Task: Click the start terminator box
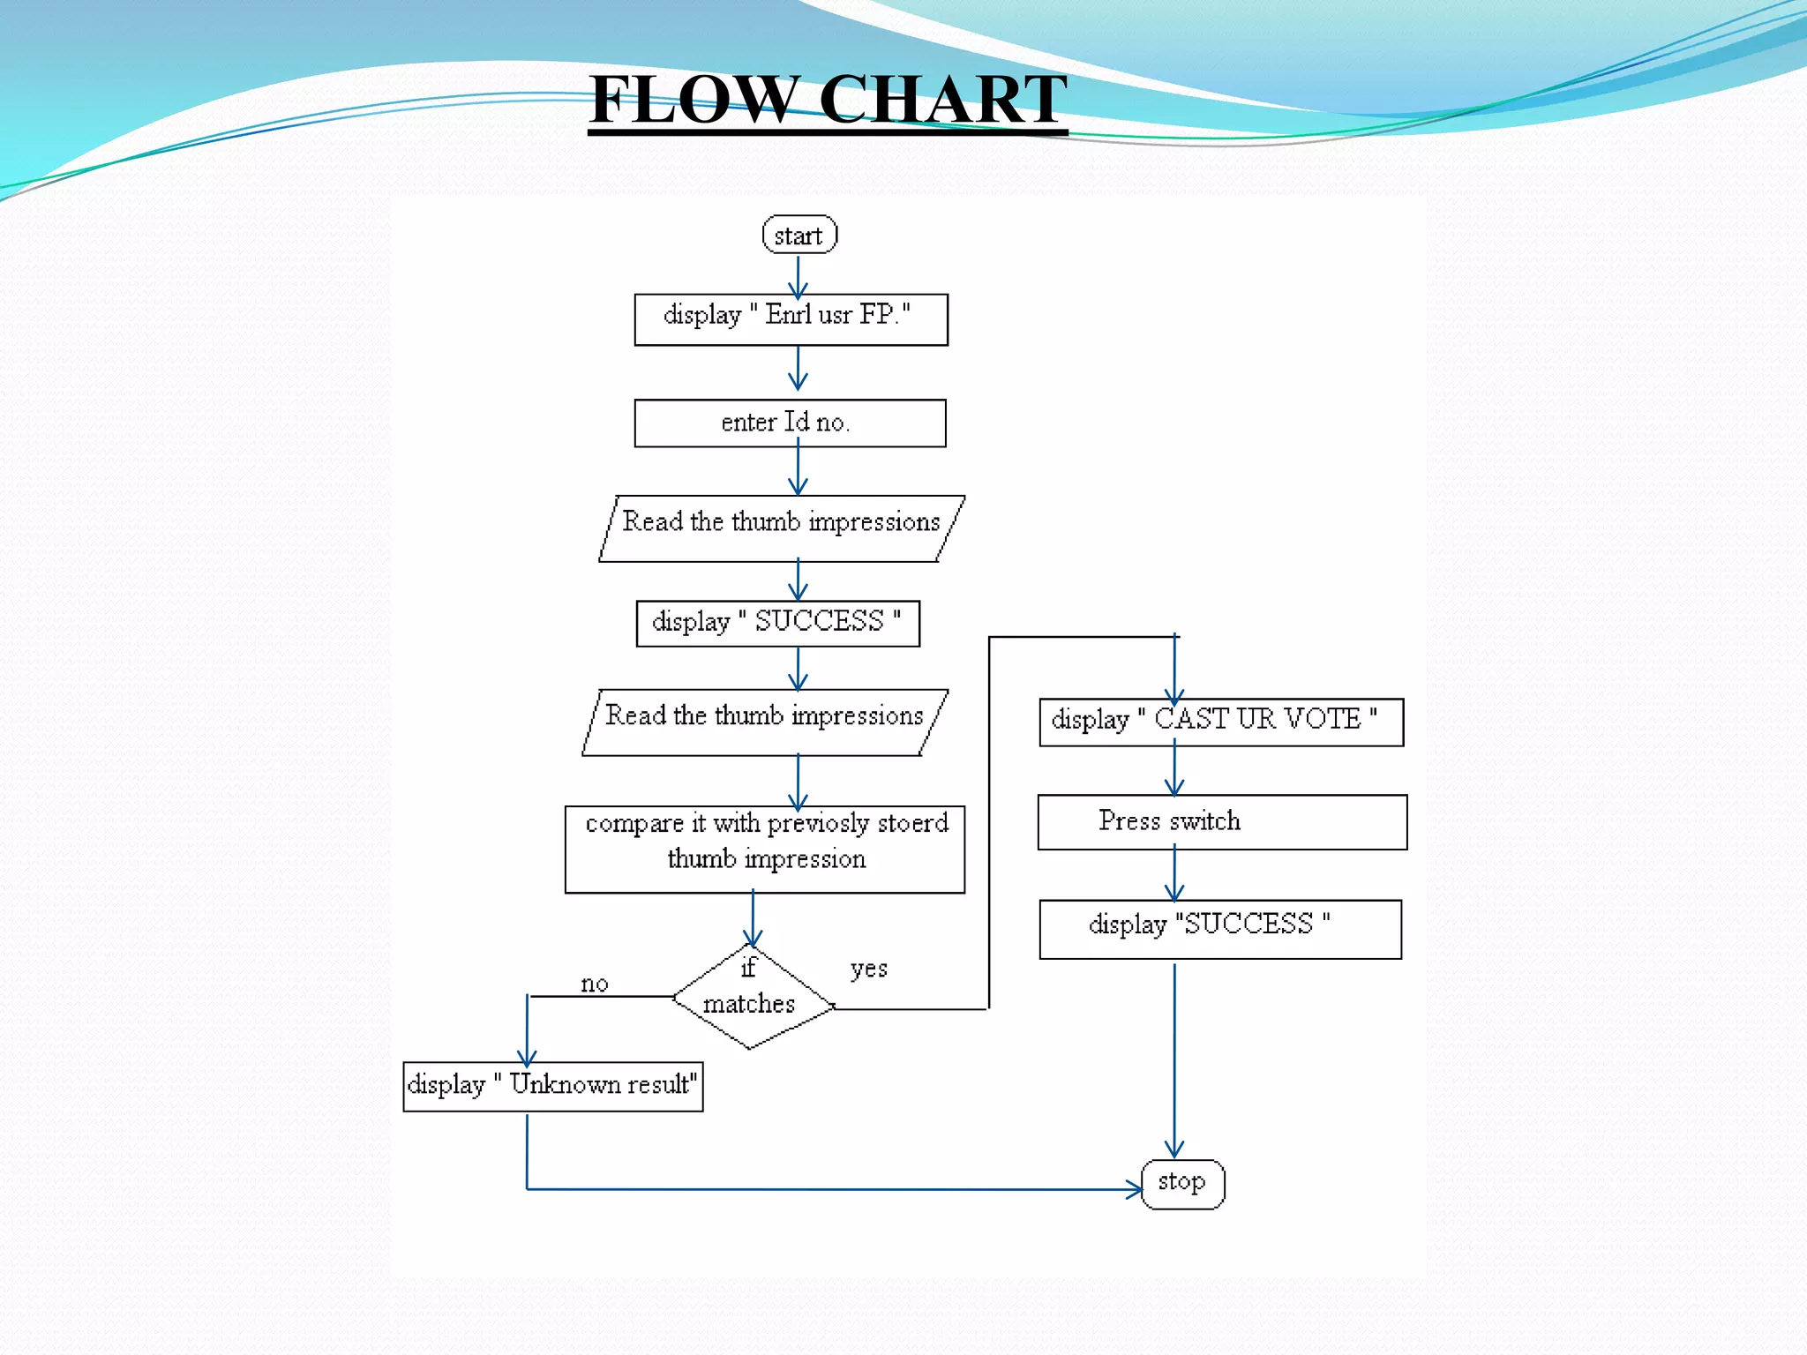(799, 235)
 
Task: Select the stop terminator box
(1182, 1184)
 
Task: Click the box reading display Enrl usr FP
(791, 319)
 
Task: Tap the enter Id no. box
(790, 423)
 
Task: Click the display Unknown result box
(552, 1086)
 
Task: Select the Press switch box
(1221, 822)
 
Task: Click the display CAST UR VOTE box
(1221, 722)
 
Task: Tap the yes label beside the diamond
(869, 969)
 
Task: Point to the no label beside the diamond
(595, 984)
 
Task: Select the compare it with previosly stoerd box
(764, 849)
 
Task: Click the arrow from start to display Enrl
(799, 276)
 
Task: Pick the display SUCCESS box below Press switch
(1220, 928)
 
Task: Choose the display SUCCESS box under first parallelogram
(777, 623)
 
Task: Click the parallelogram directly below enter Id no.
(782, 528)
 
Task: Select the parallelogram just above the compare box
(765, 722)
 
